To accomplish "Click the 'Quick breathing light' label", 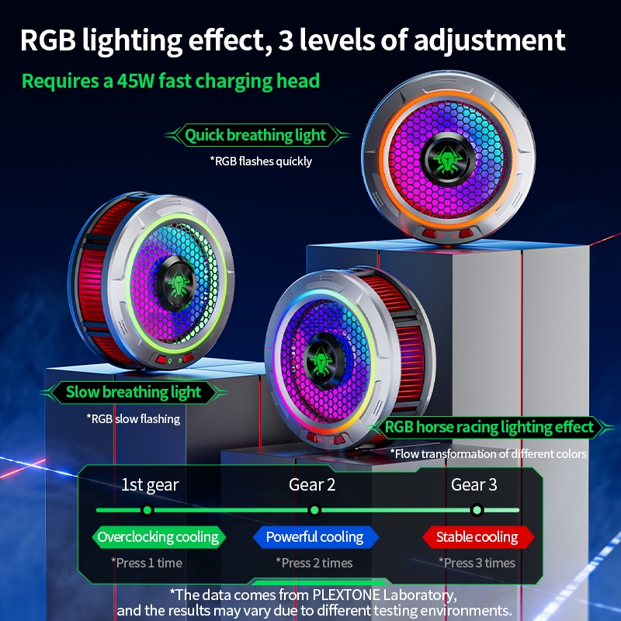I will click(255, 136).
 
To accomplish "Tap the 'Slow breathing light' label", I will click(134, 392).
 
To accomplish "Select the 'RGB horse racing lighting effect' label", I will click(489, 427).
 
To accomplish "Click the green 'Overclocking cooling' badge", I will click(158, 536).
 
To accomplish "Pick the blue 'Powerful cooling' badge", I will click(314, 536).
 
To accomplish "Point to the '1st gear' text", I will click(150, 485).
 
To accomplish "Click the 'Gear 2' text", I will click(312, 485).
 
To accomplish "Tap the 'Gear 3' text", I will click(474, 485).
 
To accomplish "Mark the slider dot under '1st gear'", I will click(147, 510).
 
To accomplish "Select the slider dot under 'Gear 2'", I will click(314, 510).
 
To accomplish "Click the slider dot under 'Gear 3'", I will click(477, 510).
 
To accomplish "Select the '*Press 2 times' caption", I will click(314, 563).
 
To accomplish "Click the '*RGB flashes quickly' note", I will click(261, 161).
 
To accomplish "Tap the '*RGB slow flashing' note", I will click(134, 418).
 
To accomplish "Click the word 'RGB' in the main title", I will click(48, 40).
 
